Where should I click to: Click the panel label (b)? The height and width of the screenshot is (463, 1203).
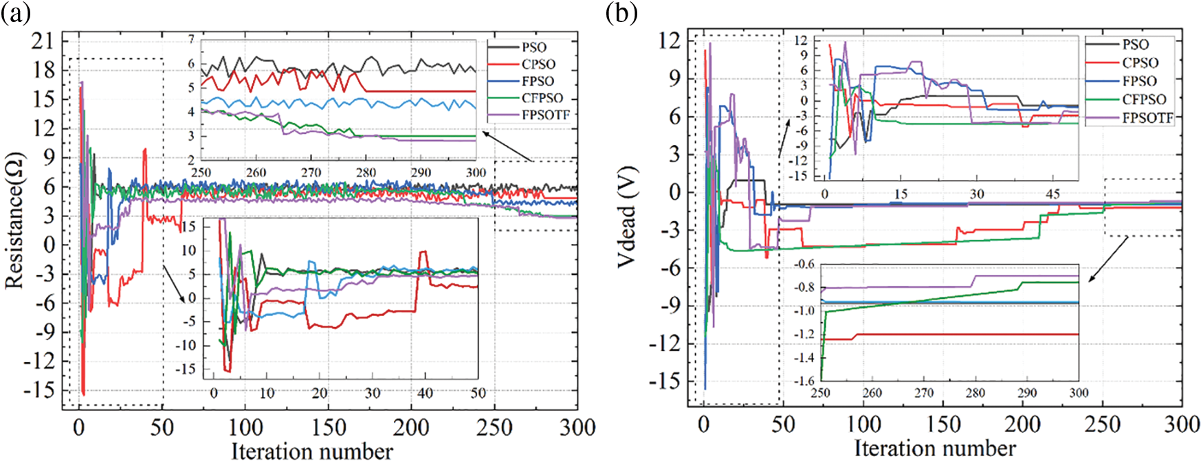point(621,12)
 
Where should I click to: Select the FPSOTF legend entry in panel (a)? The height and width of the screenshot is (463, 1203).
point(546,115)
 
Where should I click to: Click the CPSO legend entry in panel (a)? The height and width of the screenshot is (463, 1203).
point(538,64)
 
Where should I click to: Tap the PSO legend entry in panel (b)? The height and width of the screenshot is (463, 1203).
point(1136,45)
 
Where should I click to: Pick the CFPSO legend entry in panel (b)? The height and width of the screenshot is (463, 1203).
point(1145,100)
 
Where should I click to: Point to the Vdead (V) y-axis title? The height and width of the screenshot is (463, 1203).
point(627,216)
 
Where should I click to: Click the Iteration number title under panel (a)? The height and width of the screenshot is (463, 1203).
point(311,451)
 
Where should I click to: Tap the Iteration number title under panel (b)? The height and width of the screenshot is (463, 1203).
point(935,449)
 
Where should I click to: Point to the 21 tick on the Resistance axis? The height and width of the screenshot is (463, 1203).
point(43,41)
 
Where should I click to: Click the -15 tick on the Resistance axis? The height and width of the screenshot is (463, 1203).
point(40,389)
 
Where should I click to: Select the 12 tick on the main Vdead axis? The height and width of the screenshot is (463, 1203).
point(669,41)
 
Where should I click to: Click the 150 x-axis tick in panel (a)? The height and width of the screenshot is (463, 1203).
point(329,427)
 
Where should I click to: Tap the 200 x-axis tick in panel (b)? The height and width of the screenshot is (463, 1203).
point(1022,424)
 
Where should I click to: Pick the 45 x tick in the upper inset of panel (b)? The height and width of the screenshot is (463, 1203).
point(1053,194)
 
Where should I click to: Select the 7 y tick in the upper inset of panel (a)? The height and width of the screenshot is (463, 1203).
point(192,39)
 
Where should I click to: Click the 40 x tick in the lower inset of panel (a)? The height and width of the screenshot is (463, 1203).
point(426,393)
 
